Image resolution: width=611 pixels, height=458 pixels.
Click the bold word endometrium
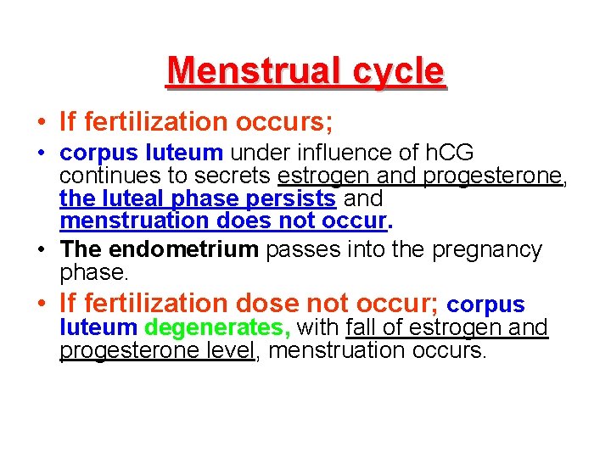(187, 249)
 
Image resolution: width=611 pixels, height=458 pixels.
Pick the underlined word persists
(296, 198)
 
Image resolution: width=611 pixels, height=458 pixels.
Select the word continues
(103, 176)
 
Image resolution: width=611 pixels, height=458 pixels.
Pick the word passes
(296, 249)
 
